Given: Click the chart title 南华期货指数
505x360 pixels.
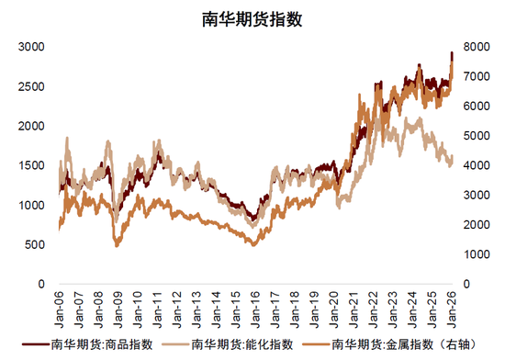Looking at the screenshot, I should click(252, 17).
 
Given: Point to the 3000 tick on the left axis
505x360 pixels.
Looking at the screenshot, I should click(32, 46).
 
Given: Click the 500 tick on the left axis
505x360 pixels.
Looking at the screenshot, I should click(36, 245).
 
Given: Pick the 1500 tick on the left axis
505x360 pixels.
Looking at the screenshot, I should click(32, 165).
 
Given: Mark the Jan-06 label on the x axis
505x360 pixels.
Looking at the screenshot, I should click(60, 301).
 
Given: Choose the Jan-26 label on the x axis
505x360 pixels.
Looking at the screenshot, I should click(451, 301).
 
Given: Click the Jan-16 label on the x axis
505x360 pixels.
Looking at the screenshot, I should click(255, 301).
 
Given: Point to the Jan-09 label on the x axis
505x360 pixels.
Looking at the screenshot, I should click(118, 301).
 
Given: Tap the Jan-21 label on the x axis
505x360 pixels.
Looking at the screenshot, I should click(353, 301).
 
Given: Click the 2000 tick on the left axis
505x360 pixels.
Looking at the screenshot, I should click(32, 126).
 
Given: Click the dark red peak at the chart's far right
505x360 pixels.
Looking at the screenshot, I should click(452, 53).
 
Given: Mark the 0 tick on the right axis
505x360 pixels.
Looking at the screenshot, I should click(464, 285).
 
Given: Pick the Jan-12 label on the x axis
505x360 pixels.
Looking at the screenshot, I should click(177, 301).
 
